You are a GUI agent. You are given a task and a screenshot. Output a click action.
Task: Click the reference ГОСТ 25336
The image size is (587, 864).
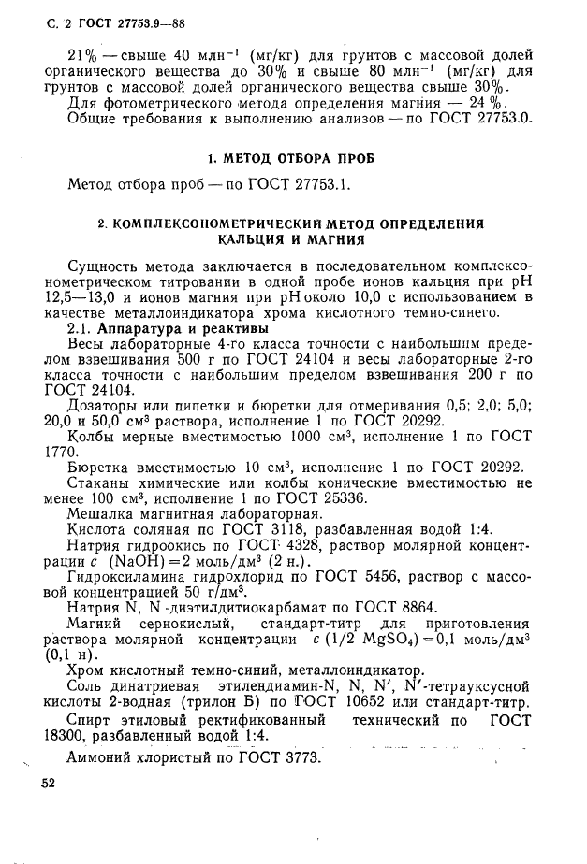tap(295, 497)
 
